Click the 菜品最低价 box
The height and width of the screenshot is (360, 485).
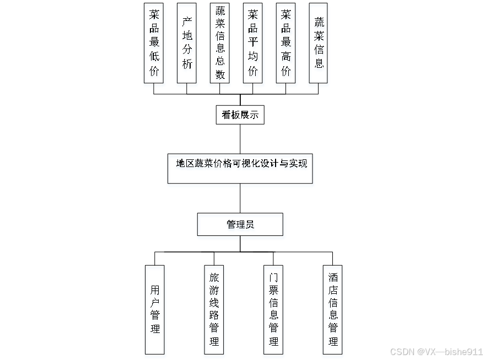pos(154,43)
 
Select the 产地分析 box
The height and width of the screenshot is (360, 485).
pos(187,43)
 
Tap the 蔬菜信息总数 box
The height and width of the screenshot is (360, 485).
pos(220,43)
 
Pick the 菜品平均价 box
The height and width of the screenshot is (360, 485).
pos(252,43)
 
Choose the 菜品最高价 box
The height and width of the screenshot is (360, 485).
pos(285,43)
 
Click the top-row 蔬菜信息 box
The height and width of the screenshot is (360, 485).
pos(319,43)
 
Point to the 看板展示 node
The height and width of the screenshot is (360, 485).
pos(240,115)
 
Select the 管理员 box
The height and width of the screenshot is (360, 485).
pos(240,224)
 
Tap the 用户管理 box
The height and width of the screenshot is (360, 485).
pos(155,309)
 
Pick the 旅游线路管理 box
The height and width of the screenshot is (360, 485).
pos(214,309)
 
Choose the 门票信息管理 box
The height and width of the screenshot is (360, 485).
pos(274,309)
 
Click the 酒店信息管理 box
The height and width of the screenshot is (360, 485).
pos(333,309)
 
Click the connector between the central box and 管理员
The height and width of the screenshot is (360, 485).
pos(240,198)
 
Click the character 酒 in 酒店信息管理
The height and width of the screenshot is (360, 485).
pos(333,277)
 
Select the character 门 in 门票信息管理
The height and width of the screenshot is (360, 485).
pos(274,277)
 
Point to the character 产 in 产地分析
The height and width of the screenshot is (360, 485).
pos(187,22)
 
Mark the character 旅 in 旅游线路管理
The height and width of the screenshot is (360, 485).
pos(214,277)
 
